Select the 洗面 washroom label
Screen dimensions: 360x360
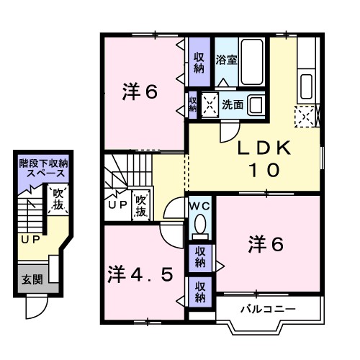tap(232, 104)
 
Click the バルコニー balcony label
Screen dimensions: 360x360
tap(268, 309)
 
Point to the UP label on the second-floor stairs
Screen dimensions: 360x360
tap(117, 205)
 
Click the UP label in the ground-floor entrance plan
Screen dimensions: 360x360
tap(30, 240)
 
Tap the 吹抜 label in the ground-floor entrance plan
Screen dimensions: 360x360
tap(58, 200)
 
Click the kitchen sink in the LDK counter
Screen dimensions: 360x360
tap(306, 84)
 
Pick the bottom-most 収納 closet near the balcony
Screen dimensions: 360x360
tap(200, 292)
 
